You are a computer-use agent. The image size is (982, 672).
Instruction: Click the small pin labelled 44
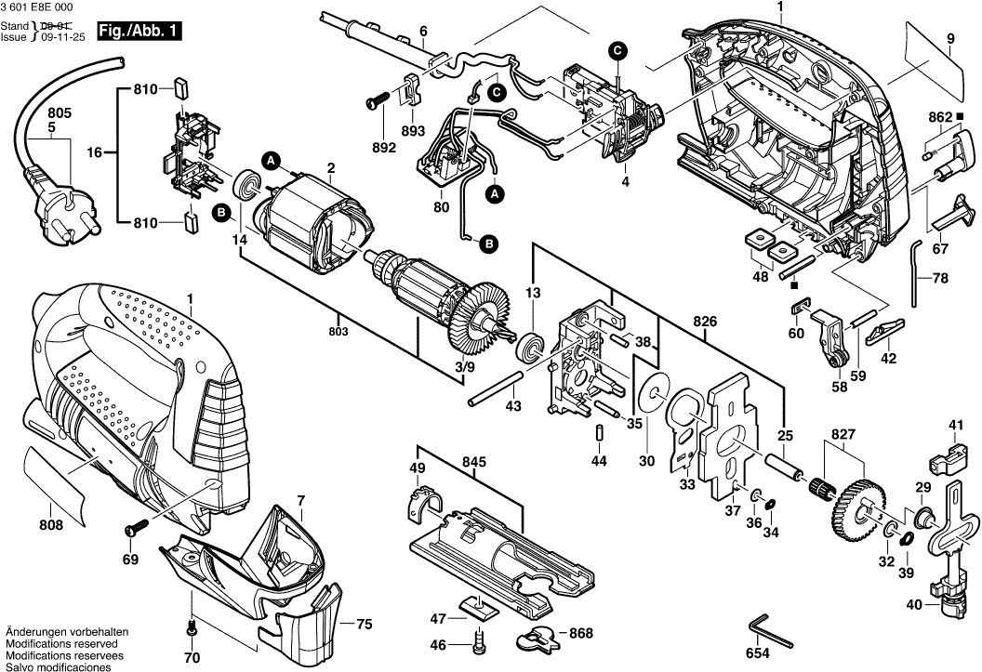point(600,434)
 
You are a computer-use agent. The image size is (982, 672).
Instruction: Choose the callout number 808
point(51,525)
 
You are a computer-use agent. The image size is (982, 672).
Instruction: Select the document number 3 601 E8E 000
point(39,7)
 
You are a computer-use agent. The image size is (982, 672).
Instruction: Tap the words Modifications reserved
point(61,643)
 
